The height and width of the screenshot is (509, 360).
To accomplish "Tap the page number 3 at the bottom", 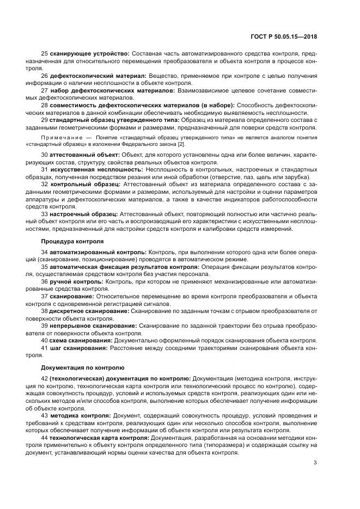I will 315,463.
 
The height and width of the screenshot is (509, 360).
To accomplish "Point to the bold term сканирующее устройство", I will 89,53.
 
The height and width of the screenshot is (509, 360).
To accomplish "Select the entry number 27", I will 45,90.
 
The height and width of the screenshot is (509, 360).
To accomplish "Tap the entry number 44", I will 45,437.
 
